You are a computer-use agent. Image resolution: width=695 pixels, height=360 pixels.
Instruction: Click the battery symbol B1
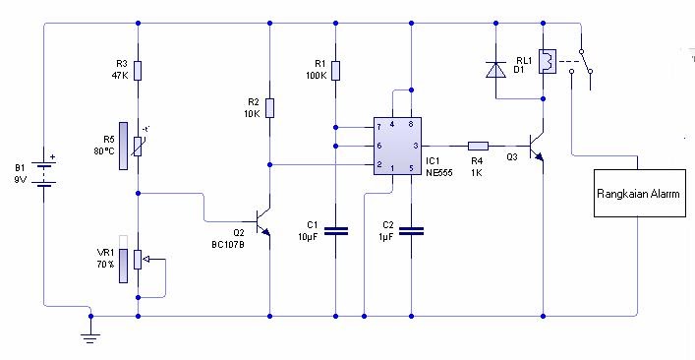tap(43, 173)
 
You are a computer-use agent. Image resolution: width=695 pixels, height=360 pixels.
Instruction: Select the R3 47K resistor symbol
tap(138, 70)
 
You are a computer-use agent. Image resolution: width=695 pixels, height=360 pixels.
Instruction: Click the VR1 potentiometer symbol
tap(139, 260)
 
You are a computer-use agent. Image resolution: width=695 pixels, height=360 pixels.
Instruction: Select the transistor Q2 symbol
tap(261, 220)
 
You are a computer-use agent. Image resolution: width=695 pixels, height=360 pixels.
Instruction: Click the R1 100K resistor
tap(335, 70)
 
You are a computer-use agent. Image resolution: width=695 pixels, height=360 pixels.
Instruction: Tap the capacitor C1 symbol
tap(336, 231)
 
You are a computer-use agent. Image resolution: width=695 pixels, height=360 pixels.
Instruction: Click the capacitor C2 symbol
tap(412, 231)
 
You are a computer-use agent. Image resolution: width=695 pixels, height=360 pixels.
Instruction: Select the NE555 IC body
tap(397, 147)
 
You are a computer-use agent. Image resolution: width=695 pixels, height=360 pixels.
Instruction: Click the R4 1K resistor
tap(478, 144)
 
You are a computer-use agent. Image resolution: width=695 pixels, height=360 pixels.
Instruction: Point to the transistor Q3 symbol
tap(537, 146)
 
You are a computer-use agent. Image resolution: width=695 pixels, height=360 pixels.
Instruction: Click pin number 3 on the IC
tap(416, 145)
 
